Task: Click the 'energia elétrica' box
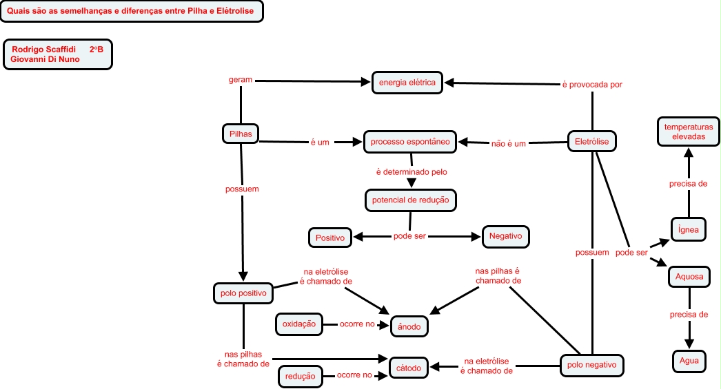click(x=407, y=83)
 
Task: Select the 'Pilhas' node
click(x=240, y=133)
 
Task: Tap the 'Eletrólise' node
click(x=592, y=142)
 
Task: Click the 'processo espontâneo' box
click(x=410, y=142)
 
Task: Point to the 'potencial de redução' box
click(x=410, y=200)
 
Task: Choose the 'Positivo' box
click(x=329, y=238)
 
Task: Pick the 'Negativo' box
click(x=505, y=236)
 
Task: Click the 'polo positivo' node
click(x=243, y=293)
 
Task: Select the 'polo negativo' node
click(x=592, y=365)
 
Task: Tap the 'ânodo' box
click(x=409, y=327)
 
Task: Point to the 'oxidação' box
click(x=300, y=324)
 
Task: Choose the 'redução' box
click(x=300, y=376)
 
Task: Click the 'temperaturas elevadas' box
click(x=688, y=132)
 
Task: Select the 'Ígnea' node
click(x=689, y=229)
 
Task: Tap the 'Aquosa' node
click(x=689, y=277)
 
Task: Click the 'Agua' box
click(x=689, y=361)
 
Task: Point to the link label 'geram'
click(x=240, y=80)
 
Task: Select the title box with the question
click(x=132, y=11)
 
